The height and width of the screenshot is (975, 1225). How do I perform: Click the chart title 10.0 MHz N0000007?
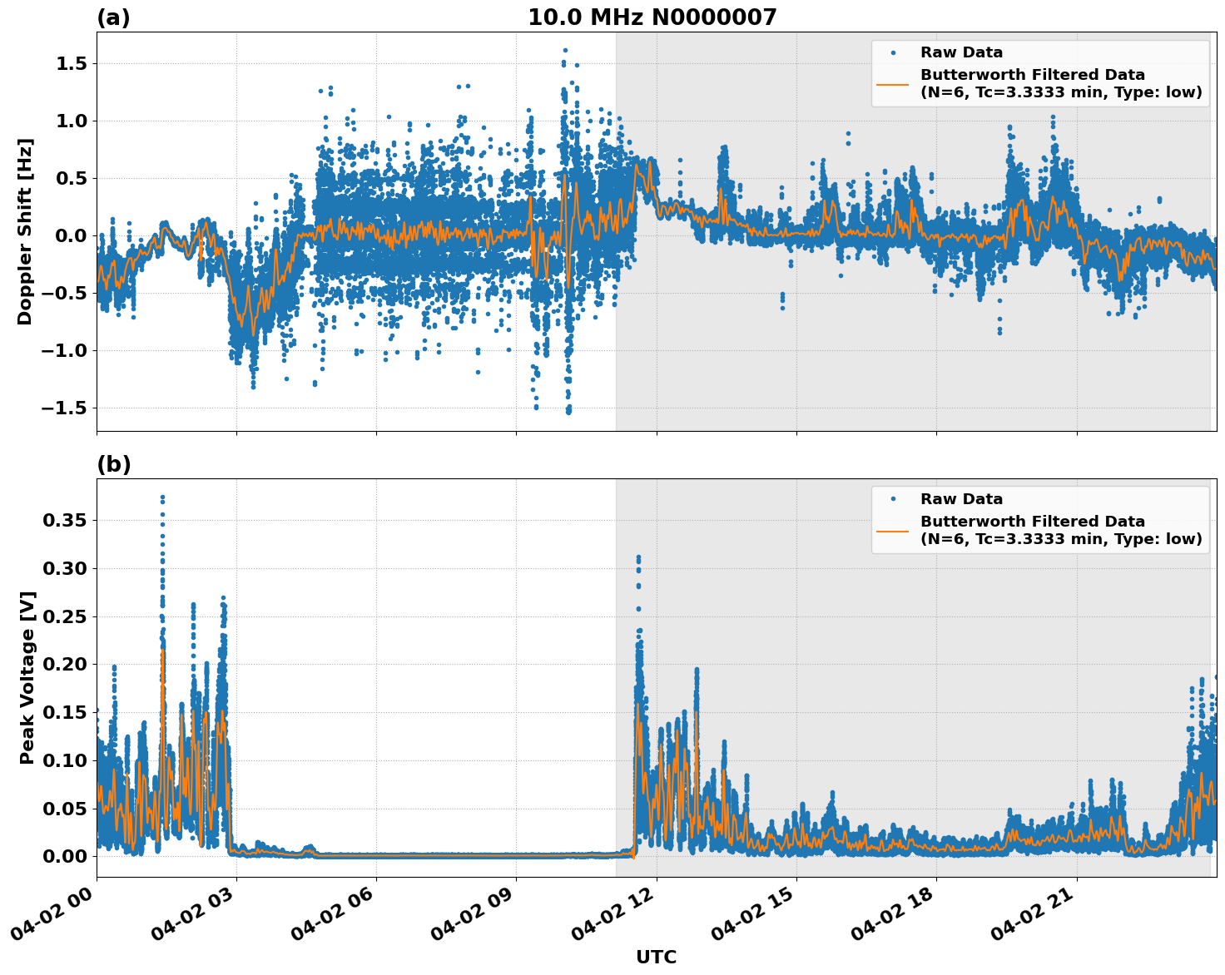coord(652,17)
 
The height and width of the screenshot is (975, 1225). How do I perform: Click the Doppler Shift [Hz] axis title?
coord(25,231)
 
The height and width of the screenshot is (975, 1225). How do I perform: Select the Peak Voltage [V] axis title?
coord(27,677)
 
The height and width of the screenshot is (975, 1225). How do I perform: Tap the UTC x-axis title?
coord(656,957)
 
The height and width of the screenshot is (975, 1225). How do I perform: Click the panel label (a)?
coord(113,17)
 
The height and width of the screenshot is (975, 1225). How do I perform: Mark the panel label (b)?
coord(113,464)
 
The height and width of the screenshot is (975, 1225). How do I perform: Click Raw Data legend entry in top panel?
coord(961,53)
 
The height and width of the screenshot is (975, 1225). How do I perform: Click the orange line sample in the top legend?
coord(893,83)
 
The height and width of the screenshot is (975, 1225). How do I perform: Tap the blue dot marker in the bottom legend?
coord(893,499)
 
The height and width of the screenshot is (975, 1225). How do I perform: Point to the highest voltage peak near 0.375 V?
coord(162,497)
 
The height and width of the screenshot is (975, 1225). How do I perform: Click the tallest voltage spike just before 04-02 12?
coord(638,557)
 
